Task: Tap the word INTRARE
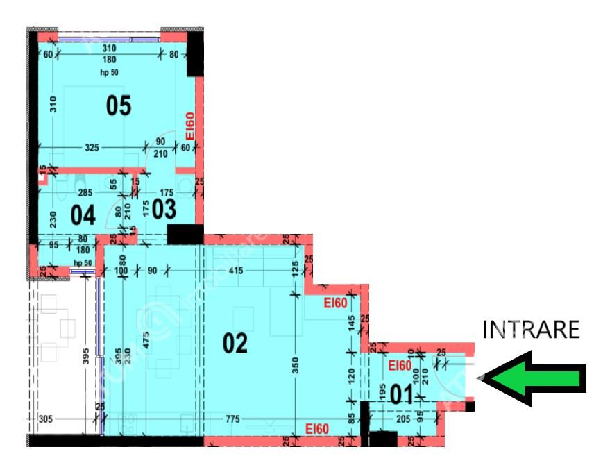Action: [530, 330]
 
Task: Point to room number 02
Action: [235, 344]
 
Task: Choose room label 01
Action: [403, 396]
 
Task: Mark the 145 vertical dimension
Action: [351, 323]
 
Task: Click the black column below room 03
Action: [185, 235]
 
